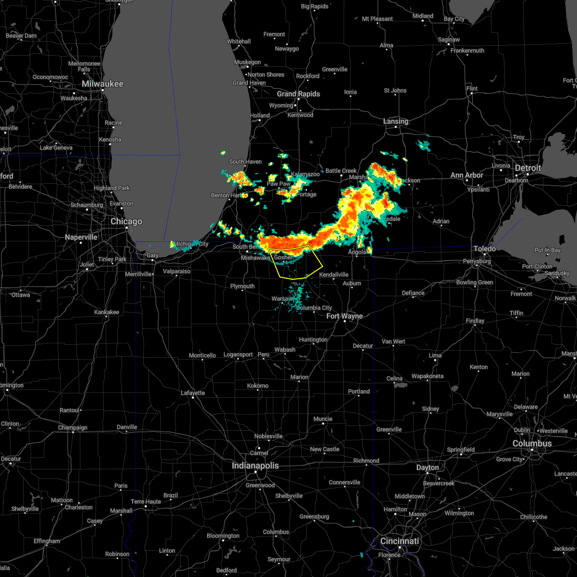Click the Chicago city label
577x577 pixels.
(x=126, y=222)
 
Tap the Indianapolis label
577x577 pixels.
(x=255, y=465)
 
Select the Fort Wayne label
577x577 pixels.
(x=344, y=316)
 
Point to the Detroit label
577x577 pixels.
(x=528, y=168)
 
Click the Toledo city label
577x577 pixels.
(x=485, y=249)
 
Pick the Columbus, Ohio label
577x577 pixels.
(x=532, y=443)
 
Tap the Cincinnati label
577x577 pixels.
(x=400, y=541)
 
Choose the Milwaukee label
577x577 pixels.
(x=102, y=84)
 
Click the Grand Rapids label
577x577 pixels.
(x=298, y=94)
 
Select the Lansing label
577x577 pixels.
(x=396, y=122)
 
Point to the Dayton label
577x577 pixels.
(x=427, y=467)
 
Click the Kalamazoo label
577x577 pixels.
(x=305, y=174)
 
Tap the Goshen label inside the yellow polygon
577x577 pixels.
(x=284, y=258)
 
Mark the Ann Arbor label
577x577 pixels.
(x=466, y=176)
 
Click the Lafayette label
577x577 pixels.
(x=193, y=393)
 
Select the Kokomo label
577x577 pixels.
(x=258, y=386)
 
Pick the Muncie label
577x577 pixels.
(x=323, y=419)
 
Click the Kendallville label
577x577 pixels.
(x=334, y=275)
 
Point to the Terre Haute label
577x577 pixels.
(x=146, y=502)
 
